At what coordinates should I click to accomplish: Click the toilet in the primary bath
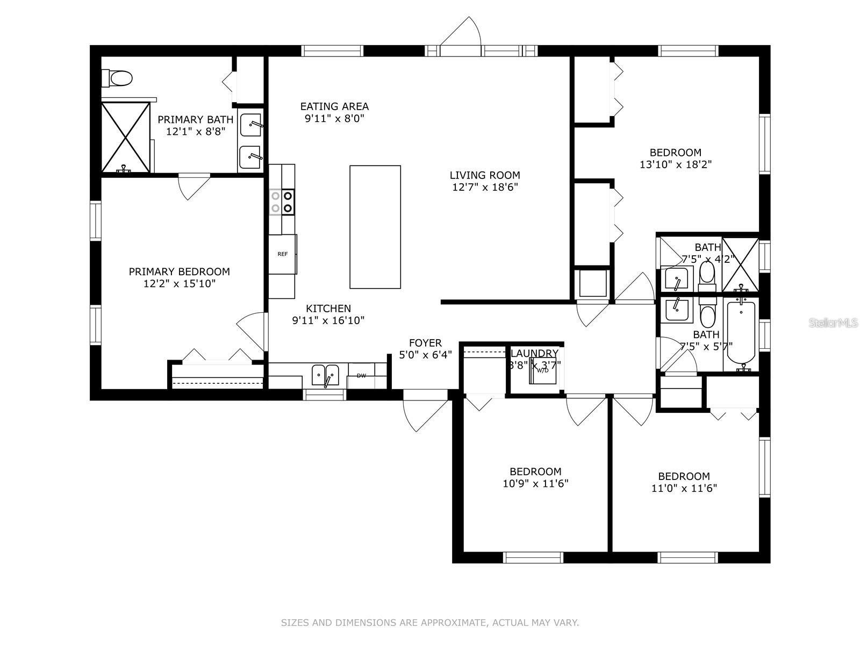(118, 78)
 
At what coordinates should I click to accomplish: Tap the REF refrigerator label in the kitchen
(282, 254)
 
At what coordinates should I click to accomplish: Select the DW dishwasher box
(361, 376)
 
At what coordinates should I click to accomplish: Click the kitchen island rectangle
(375, 227)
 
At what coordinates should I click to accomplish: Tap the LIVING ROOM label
(485, 175)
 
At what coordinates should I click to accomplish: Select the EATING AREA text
(334, 106)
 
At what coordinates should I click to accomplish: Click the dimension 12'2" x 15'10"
(180, 284)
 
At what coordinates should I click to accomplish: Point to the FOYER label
(425, 343)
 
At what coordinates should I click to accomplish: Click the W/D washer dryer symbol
(542, 370)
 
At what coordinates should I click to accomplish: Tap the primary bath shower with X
(126, 138)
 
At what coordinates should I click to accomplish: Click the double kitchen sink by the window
(326, 374)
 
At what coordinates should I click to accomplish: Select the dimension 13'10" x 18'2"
(676, 164)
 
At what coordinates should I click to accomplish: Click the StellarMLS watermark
(834, 323)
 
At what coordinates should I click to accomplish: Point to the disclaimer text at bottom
(430, 623)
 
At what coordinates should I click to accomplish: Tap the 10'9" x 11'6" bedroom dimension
(535, 484)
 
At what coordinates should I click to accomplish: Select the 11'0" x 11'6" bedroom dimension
(684, 489)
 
